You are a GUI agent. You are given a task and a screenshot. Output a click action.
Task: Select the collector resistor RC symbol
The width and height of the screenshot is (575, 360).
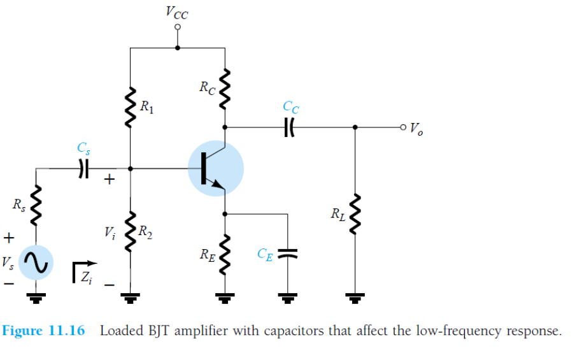pyautogui.click(x=224, y=89)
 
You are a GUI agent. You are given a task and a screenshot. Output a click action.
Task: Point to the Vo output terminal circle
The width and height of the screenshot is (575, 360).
pyautogui.click(x=402, y=126)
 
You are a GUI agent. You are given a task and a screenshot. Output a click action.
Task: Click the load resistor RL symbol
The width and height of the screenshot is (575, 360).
pyautogui.click(x=355, y=213)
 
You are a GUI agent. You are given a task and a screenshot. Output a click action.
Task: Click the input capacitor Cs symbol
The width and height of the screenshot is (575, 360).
pyautogui.click(x=82, y=168)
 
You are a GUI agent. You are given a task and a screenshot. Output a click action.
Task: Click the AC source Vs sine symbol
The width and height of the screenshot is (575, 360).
pyautogui.click(x=36, y=262)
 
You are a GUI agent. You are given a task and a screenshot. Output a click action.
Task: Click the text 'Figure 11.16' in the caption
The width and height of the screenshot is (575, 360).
pyautogui.click(x=43, y=332)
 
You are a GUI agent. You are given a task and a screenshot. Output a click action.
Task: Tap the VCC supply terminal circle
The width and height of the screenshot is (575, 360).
pyautogui.click(x=178, y=27)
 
